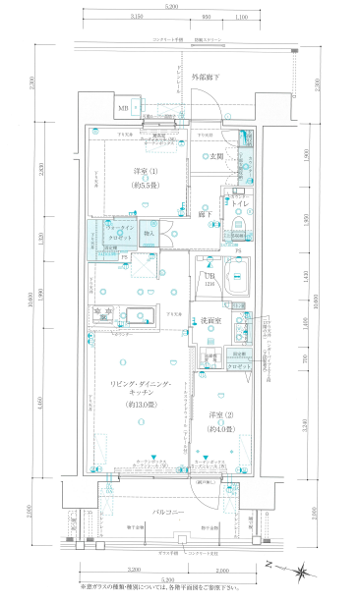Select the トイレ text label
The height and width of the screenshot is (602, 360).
(x=239, y=201)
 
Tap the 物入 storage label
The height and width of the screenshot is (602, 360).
(x=150, y=234)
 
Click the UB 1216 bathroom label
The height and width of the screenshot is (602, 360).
(x=210, y=279)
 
